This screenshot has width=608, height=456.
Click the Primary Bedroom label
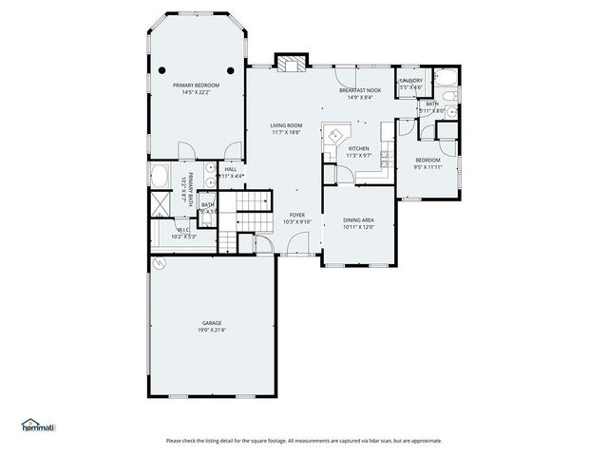click(x=196, y=85)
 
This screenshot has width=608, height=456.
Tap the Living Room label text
click(x=285, y=125)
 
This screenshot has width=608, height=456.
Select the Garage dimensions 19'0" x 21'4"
click(x=212, y=330)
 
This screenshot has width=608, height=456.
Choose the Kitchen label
click(x=358, y=149)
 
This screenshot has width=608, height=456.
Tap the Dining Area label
click(x=358, y=219)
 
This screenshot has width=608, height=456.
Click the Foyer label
click(x=297, y=215)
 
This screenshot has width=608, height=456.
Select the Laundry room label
click(x=410, y=81)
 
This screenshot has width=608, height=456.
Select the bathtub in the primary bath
click(x=160, y=178)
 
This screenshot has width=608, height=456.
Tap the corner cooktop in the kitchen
click(x=334, y=134)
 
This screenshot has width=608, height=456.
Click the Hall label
click(x=231, y=169)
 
